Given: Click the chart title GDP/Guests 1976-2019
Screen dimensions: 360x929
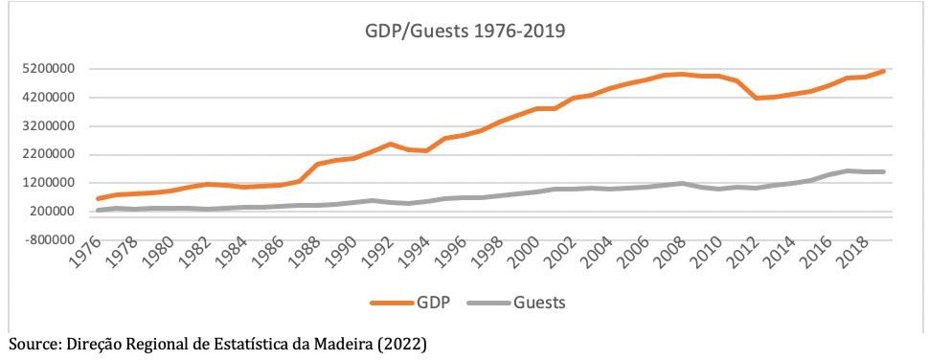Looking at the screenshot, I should pyautogui.click(x=464, y=32).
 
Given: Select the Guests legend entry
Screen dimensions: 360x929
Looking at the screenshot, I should pyautogui.click(x=517, y=303).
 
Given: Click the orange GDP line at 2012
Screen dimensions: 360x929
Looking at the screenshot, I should pyautogui.click(x=756, y=98).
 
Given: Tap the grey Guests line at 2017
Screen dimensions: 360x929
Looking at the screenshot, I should pyautogui.click(x=849, y=170).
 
